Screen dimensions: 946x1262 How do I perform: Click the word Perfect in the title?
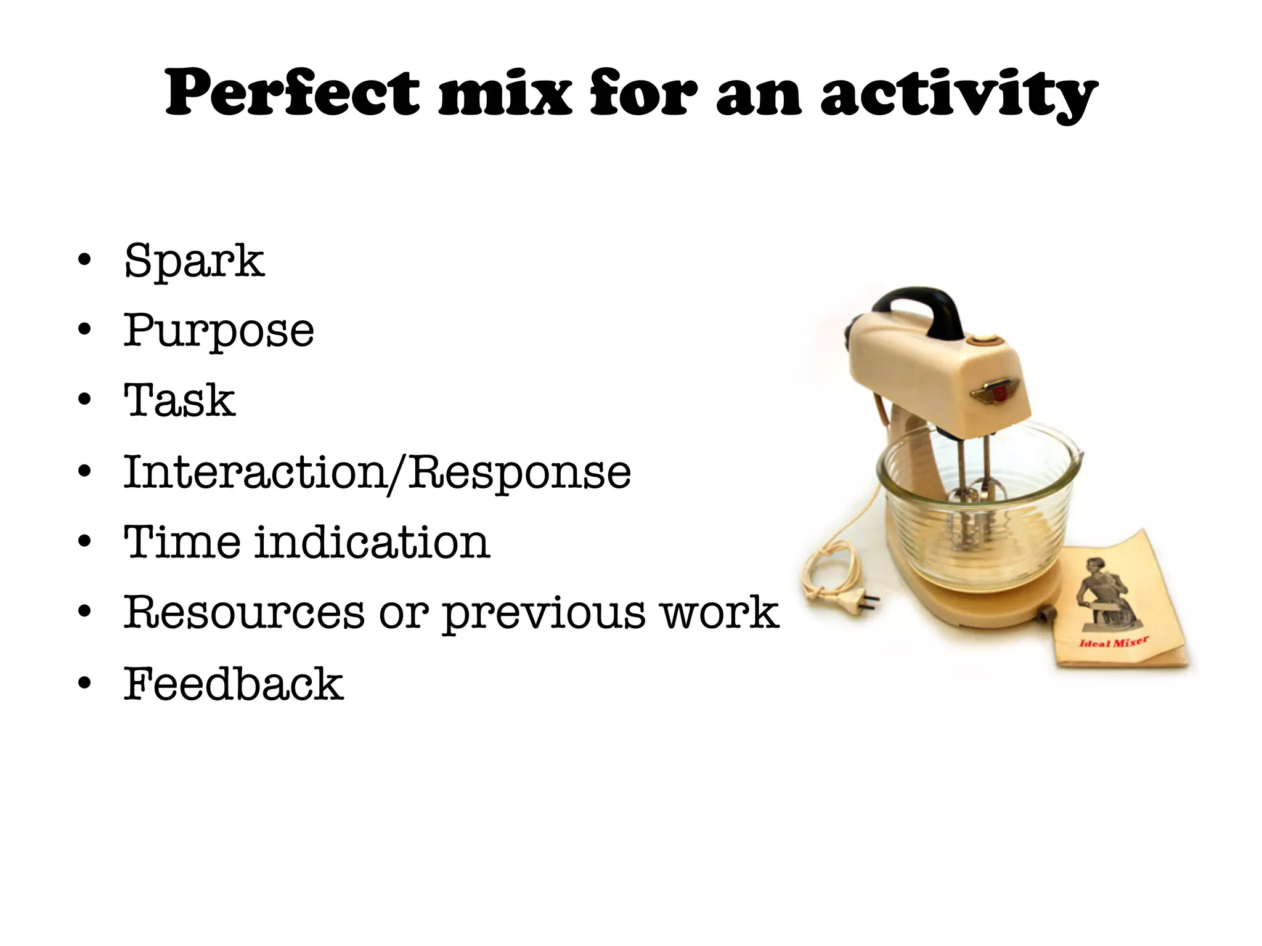click(293, 94)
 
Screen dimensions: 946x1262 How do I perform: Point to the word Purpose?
click(219, 331)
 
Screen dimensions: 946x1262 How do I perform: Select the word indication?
click(372, 543)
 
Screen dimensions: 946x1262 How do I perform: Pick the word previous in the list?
click(543, 614)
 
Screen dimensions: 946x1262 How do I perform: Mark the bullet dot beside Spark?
click(84, 260)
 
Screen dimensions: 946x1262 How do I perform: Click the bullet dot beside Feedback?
click(84, 683)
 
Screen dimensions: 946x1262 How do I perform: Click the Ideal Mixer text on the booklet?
click(1113, 642)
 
